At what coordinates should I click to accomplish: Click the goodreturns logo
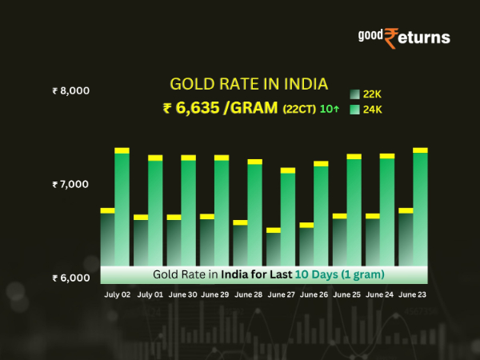[x=403, y=37]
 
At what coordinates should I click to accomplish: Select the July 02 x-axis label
[x=117, y=294]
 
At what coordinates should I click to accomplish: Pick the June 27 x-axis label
[x=282, y=294]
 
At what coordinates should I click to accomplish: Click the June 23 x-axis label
[x=414, y=294]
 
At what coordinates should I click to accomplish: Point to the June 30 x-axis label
[x=182, y=294]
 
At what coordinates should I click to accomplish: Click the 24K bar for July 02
[x=122, y=208]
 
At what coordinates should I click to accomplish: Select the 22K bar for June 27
[x=274, y=248]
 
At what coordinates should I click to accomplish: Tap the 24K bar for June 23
[x=420, y=208]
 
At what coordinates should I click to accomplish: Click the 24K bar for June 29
[x=222, y=212]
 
